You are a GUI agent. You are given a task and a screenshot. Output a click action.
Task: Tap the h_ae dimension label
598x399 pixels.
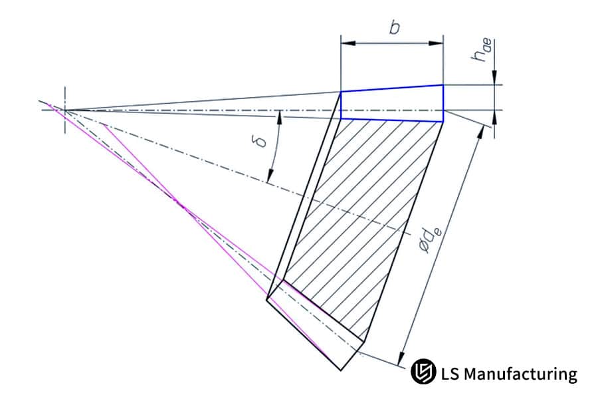[x=480, y=52]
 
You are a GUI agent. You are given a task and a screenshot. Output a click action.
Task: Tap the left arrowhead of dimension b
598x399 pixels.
[x=345, y=45]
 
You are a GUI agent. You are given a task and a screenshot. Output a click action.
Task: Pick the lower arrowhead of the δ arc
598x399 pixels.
[x=269, y=178]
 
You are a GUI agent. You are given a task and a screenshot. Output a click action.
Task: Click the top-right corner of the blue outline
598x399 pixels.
[x=443, y=84]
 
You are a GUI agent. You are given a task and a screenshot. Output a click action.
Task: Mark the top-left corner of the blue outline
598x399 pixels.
[x=341, y=92]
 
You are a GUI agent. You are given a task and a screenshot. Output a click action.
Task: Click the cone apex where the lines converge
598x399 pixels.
[x=65, y=109]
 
